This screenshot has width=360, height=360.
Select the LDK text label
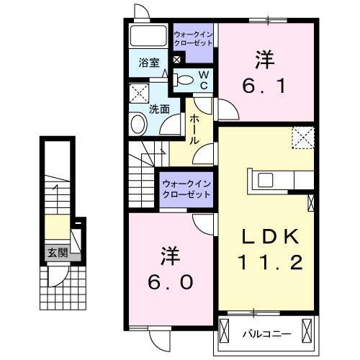[x=268, y=235]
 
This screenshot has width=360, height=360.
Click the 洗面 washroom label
[x=159, y=109]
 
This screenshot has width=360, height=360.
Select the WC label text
[x=204, y=80]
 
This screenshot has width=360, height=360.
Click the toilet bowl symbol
[x=186, y=80]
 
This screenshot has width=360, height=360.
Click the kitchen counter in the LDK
[x=281, y=179]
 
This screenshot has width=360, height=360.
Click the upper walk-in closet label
[x=193, y=37]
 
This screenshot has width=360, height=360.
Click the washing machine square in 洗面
[x=138, y=94]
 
